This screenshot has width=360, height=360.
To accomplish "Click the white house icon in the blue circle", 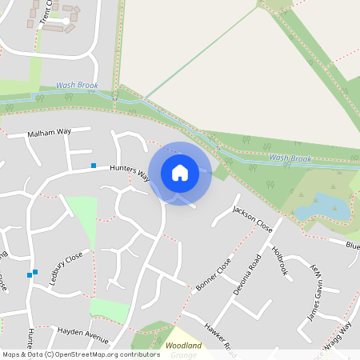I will tap(180, 172).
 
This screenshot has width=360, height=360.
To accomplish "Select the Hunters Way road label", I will tap(130, 172).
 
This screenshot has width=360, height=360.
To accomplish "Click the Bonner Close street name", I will tap(213, 274).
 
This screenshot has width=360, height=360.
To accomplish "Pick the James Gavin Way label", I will tap(314, 294).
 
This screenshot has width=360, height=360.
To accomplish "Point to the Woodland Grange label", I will tap(183, 350).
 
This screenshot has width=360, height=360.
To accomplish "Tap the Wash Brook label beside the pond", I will tap(290, 158).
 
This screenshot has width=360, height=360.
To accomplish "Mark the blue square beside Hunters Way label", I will tap(94, 166).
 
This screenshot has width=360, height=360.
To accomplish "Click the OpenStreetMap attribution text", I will tap(81, 354).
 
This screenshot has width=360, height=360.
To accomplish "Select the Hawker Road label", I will tap(219, 337).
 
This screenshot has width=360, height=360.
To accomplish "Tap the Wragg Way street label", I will tap(339, 336).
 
